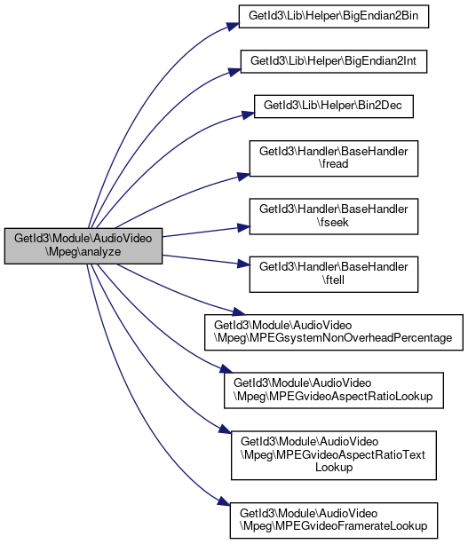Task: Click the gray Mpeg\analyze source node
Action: pyautogui.click(x=83, y=246)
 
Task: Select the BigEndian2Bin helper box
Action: pyautogui.click(x=334, y=16)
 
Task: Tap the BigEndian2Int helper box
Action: pyautogui.click(x=334, y=61)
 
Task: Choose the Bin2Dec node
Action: pyautogui.click(x=334, y=106)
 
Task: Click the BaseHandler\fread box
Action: pyautogui.click(x=334, y=159)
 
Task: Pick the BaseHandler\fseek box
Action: pyautogui.click(x=334, y=217)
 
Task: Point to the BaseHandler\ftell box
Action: pyautogui.click(x=334, y=274)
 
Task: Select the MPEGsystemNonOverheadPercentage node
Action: pyautogui.click(x=334, y=333)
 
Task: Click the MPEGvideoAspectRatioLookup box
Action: pyautogui.click(x=334, y=390)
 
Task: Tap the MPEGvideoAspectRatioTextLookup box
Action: pyautogui.click(x=334, y=455)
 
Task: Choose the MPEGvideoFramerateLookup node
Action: pyautogui.click(x=334, y=520)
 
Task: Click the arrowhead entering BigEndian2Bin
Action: pyautogui.click(x=234, y=27)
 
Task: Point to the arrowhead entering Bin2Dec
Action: pyautogui.click(x=249, y=114)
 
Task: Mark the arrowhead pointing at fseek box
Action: pyautogui.click(x=243, y=227)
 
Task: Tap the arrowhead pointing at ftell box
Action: pyautogui.click(x=243, y=264)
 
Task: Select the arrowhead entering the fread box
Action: pyautogui.click(x=243, y=177)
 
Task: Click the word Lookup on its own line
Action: pyautogui.click(x=334, y=468)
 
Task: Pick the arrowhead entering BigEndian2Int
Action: pyautogui.click(x=234, y=72)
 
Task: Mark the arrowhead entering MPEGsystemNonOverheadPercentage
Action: pyautogui.click(x=239, y=311)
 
